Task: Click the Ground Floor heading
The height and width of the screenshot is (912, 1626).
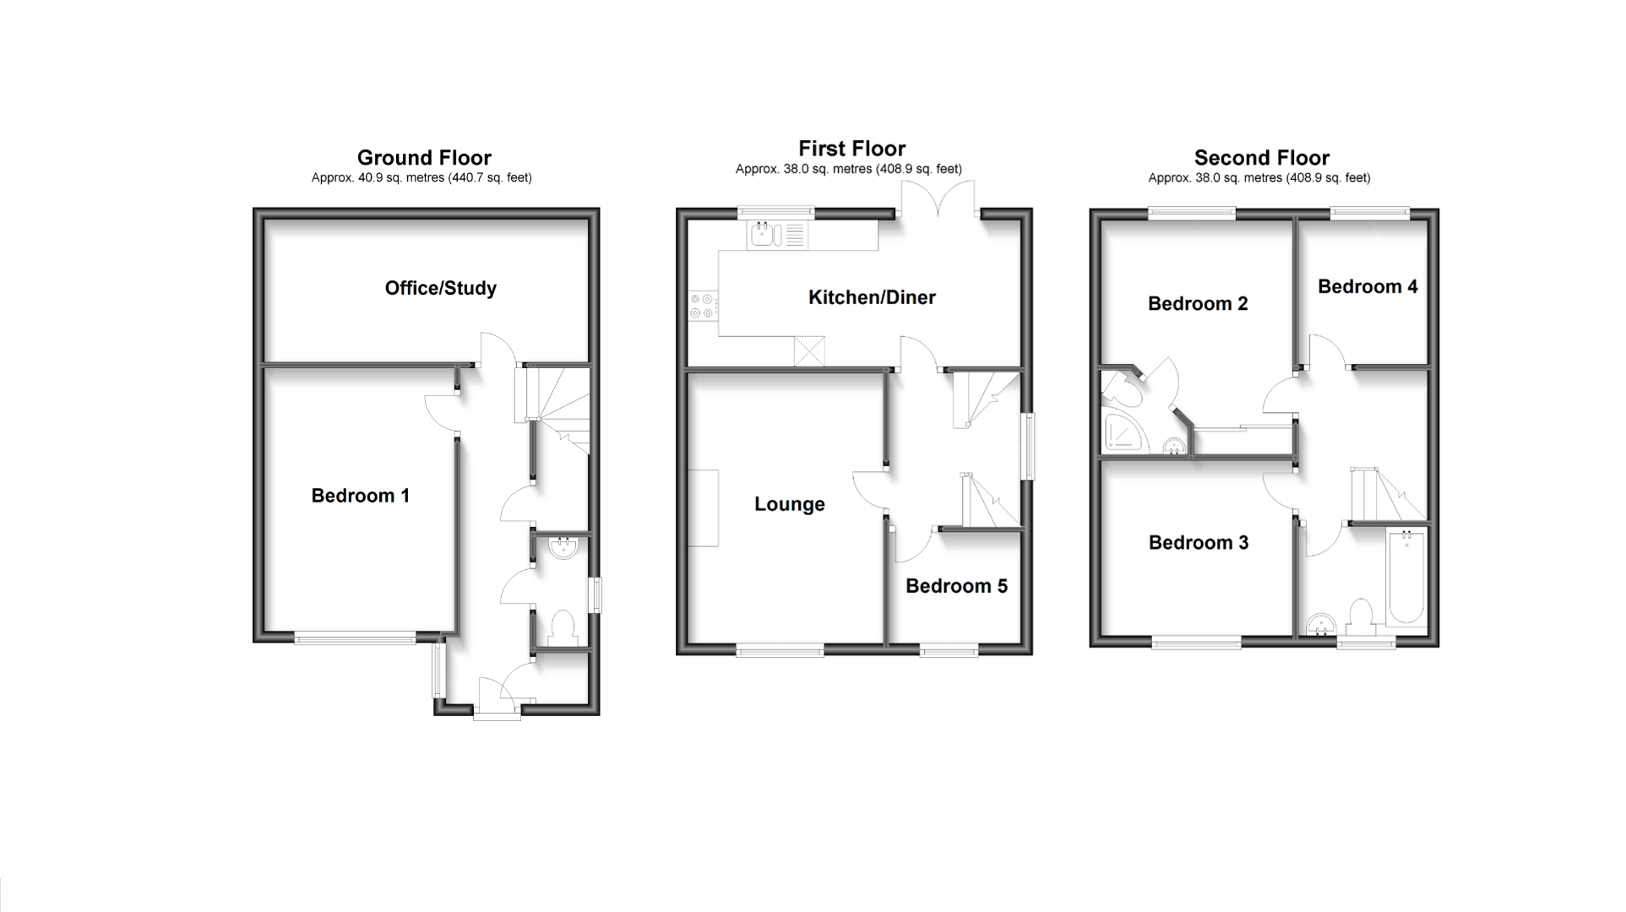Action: pyautogui.click(x=424, y=158)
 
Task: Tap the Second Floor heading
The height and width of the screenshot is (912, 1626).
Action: pyautogui.click(x=1261, y=158)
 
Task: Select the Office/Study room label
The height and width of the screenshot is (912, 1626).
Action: pyautogui.click(x=440, y=288)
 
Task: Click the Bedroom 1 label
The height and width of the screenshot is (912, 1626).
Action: pyautogui.click(x=360, y=496)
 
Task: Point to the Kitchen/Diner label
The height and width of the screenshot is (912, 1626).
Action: pyautogui.click(x=872, y=297)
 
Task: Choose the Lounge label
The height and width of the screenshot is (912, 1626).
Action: pyautogui.click(x=789, y=504)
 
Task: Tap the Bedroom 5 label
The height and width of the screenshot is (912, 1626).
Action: pyautogui.click(x=956, y=586)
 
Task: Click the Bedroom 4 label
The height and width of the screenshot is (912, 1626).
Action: pyautogui.click(x=1367, y=286)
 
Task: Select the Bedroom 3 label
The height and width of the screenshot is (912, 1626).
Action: pyautogui.click(x=1198, y=542)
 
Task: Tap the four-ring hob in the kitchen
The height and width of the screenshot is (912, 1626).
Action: pyautogui.click(x=702, y=306)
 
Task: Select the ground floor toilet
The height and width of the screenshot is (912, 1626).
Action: pyautogui.click(x=562, y=627)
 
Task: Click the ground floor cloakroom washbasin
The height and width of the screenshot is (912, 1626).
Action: pyautogui.click(x=562, y=549)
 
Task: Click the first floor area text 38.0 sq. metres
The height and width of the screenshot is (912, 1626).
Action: pyautogui.click(x=848, y=169)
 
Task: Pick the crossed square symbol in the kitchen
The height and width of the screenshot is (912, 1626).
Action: pyautogui.click(x=808, y=351)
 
